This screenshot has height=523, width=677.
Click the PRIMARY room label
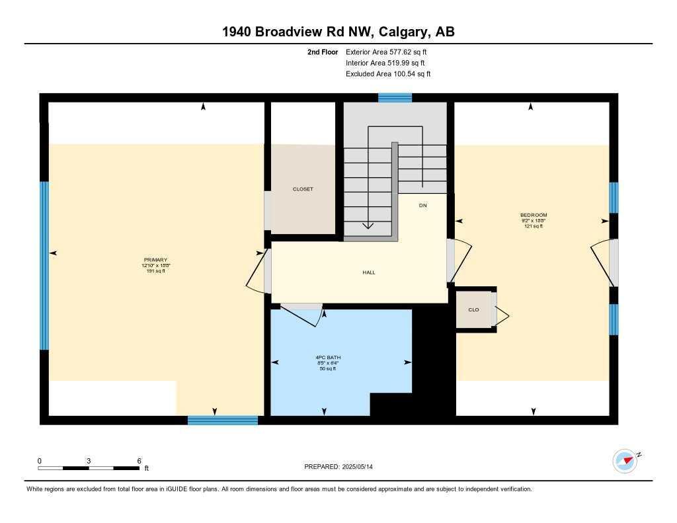pos(155,260)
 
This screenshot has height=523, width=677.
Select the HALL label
pos(369,272)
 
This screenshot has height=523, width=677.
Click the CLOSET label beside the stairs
pos(303,189)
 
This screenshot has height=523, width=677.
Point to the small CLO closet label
pos(473,309)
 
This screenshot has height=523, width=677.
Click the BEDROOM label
pos(533,215)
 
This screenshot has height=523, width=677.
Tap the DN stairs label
pos(422,206)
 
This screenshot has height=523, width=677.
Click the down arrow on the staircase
pos(368,225)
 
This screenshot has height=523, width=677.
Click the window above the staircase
pos(395,98)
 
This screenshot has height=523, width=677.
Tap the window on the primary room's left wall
pos(44,265)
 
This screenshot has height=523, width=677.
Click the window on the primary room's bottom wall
pos(222,420)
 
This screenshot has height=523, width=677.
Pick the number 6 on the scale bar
pos(139,461)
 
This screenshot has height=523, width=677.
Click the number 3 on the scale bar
pos(88,461)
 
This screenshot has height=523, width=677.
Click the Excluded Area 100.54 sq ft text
pos(388,74)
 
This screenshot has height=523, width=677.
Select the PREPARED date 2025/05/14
pos(362,467)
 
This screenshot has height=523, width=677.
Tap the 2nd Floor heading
pos(323,52)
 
